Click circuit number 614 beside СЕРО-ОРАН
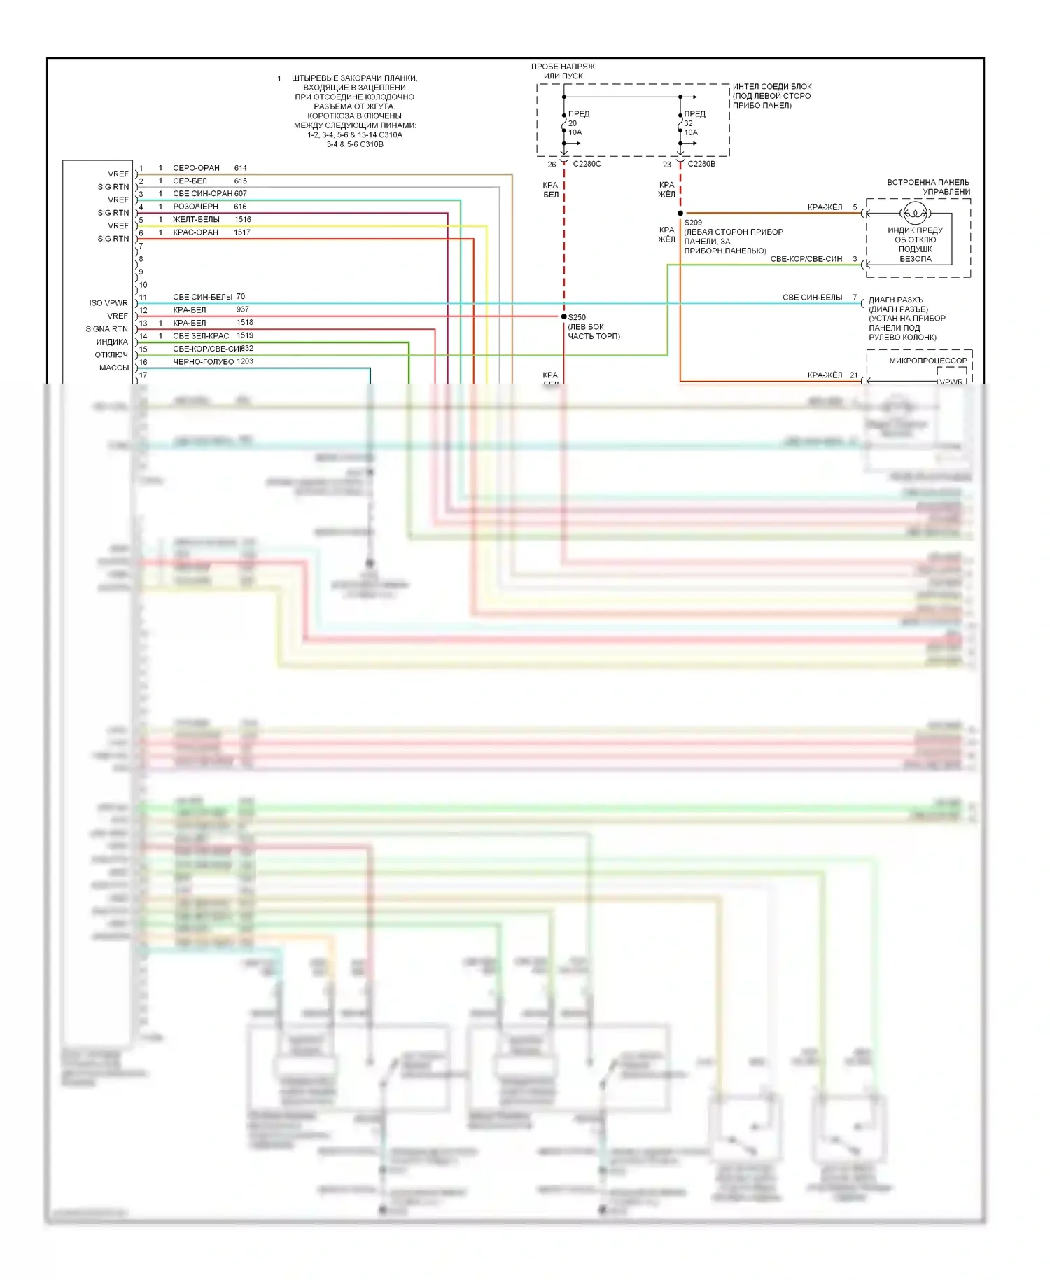click(x=240, y=168)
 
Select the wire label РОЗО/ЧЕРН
click(x=195, y=207)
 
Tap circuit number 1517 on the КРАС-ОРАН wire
click(x=242, y=232)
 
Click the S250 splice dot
click(x=564, y=316)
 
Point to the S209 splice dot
click(x=680, y=213)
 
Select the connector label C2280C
click(x=587, y=164)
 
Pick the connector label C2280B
click(x=701, y=164)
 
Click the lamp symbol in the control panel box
click(x=915, y=213)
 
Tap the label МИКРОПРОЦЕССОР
click(x=927, y=361)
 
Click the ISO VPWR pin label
click(x=108, y=303)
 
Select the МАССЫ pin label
click(x=114, y=368)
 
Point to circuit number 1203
click(x=245, y=361)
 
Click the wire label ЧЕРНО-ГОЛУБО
click(x=203, y=362)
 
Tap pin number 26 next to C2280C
click(x=552, y=165)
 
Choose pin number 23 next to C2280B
click(x=667, y=165)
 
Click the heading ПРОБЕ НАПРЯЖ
click(x=563, y=67)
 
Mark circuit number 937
click(x=243, y=309)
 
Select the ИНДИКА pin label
click(x=112, y=342)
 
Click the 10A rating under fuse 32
click(x=691, y=132)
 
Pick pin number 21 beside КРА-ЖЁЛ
click(x=853, y=375)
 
